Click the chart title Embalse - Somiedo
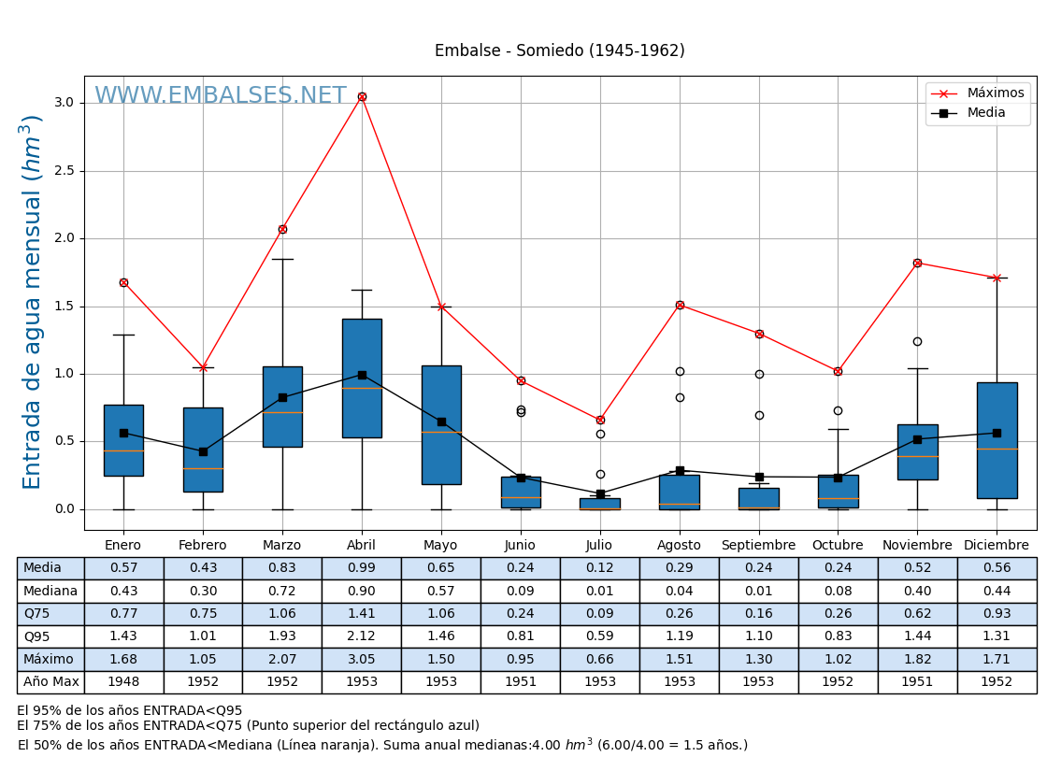pyautogui.click(x=559, y=51)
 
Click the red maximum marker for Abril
pyautogui.click(x=362, y=97)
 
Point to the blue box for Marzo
pyautogui.click(x=282, y=407)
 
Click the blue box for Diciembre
pyautogui.click(x=997, y=440)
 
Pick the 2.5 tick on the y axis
pyautogui.click(x=64, y=171)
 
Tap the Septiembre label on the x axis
pyautogui.click(x=758, y=546)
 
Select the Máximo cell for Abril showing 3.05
pyautogui.click(x=362, y=660)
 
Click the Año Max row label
pyautogui.click(x=50, y=682)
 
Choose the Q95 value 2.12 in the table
pyautogui.click(x=362, y=636)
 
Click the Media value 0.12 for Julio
pyautogui.click(x=599, y=568)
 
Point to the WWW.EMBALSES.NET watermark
pyautogui.click(x=221, y=96)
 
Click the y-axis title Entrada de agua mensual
pyautogui.click(x=33, y=302)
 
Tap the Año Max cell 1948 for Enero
pyautogui.click(x=123, y=682)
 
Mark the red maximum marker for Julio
pyautogui.click(x=600, y=420)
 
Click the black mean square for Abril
pyautogui.click(x=362, y=375)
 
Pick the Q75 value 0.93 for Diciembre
pyautogui.click(x=997, y=614)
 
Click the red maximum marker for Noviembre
pyautogui.click(x=917, y=264)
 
